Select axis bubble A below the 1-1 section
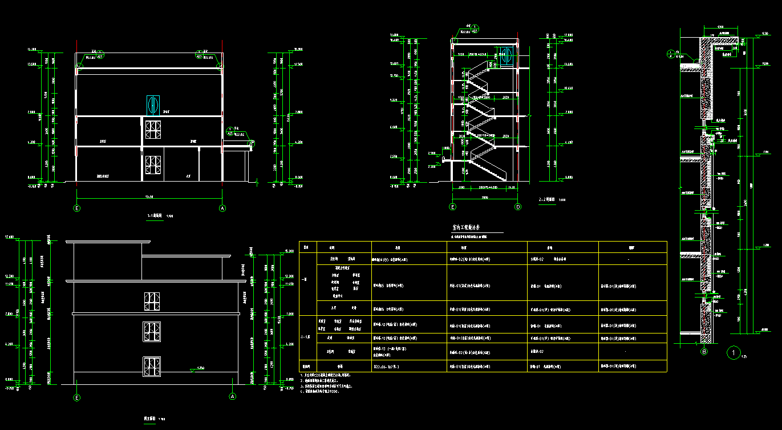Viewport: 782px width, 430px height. click(222, 208)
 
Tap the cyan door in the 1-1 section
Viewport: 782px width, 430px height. click(152, 105)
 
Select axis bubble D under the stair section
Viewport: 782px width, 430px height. click(518, 207)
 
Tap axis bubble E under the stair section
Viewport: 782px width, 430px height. click(453, 207)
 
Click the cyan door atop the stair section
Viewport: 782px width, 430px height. click(507, 55)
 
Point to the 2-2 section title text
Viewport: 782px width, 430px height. click(548, 200)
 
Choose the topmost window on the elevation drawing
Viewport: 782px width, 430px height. click(151, 302)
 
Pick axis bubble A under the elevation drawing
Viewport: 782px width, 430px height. click(232, 396)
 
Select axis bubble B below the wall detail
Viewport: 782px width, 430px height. click(704, 352)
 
